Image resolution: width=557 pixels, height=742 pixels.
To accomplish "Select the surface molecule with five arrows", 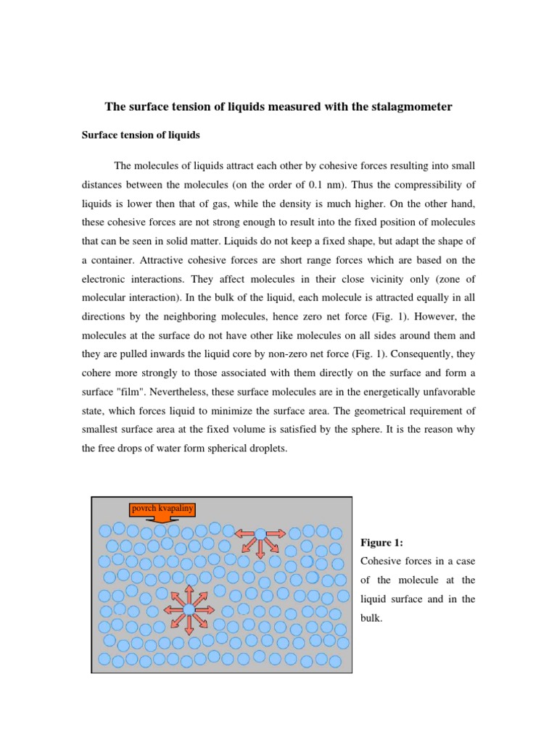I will coord(260,534).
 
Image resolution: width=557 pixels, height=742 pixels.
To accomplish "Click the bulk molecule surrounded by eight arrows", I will coord(189,609).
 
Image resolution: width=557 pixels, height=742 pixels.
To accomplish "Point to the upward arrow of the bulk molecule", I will coord(189,593).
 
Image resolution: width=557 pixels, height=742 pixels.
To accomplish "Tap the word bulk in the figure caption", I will coord(371,618).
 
